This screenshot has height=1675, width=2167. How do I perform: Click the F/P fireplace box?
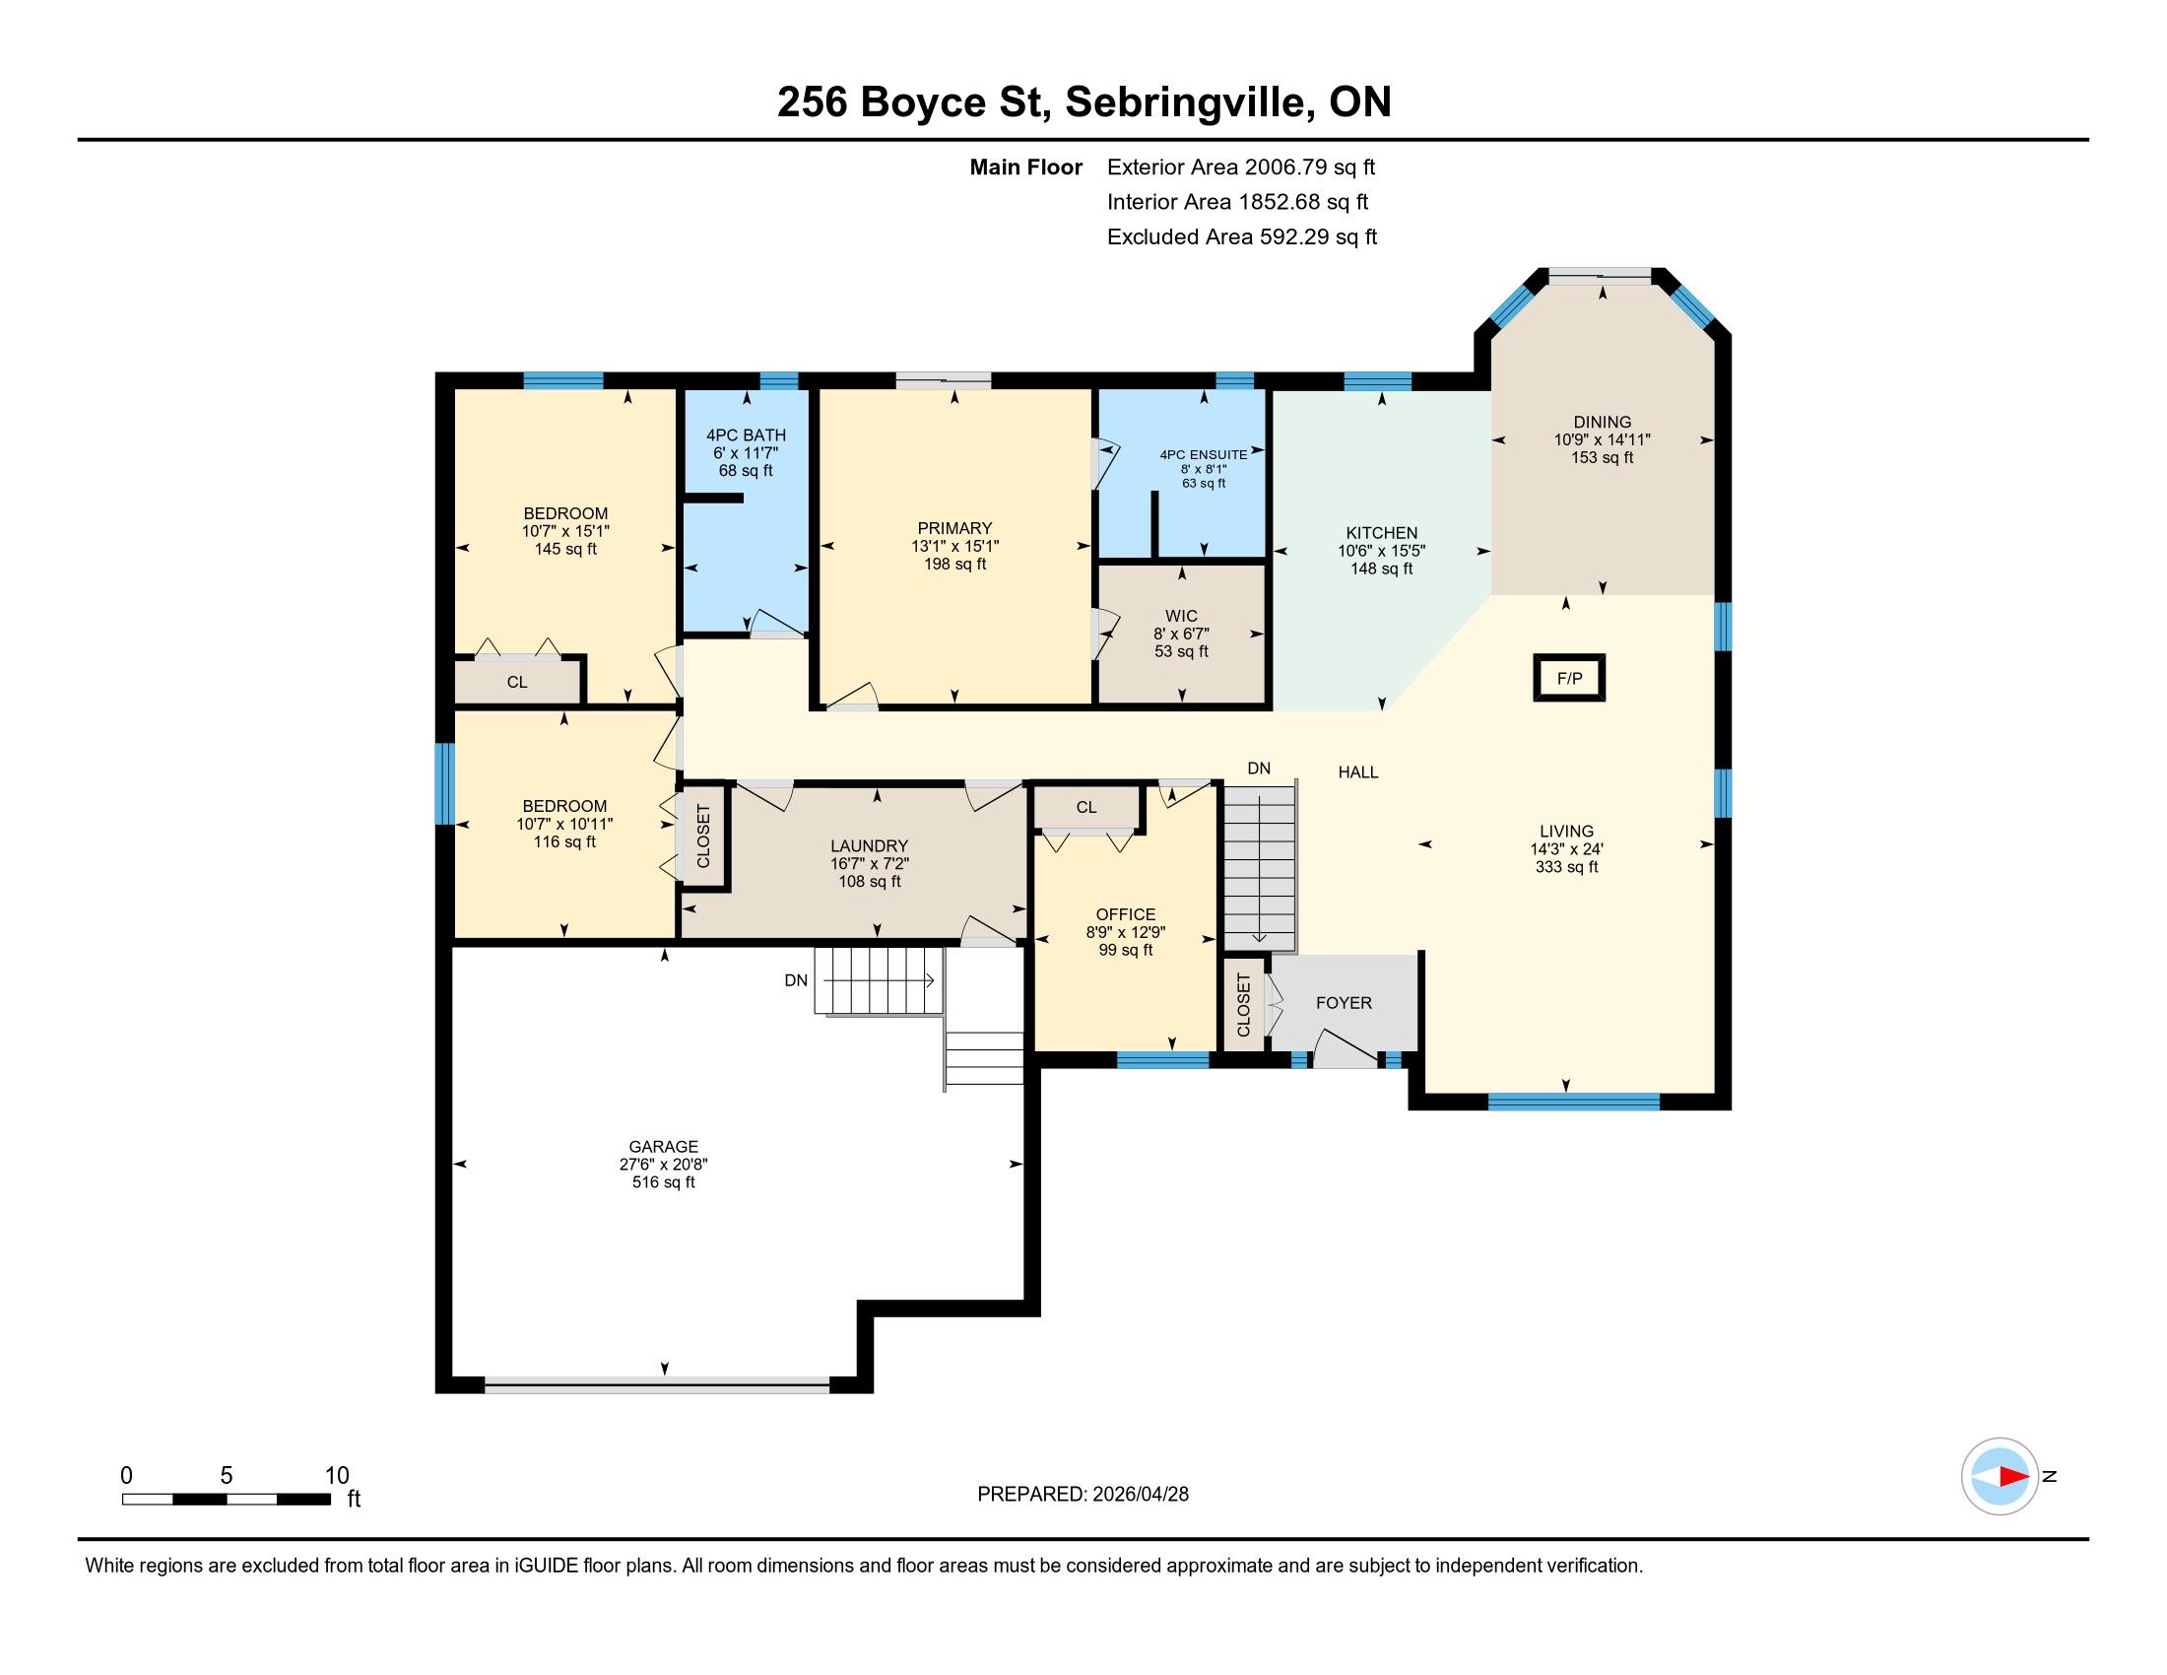(1569, 679)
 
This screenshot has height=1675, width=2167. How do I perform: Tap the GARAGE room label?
(664, 1146)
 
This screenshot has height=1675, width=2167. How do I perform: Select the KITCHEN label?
(1381, 533)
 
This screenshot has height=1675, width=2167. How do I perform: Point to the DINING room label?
(1603, 422)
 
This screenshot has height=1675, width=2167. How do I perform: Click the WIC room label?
(1181, 616)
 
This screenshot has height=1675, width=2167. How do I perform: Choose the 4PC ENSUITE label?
(1204, 454)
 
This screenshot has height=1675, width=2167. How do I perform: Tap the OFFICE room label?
(1125, 914)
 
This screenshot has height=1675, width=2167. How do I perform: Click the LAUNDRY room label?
(869, 846)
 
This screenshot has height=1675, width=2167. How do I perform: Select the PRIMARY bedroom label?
(954, 528)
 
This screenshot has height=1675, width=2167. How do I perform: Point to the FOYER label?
(1344, 1003)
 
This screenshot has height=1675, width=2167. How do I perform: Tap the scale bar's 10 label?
(337, 1476)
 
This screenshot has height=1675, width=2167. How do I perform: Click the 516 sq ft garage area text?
(664, 1181)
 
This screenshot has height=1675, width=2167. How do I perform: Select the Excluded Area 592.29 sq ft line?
(1242, 237)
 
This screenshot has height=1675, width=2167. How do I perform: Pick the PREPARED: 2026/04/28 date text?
(1083, 1495)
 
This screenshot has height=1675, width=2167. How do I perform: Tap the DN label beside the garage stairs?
(796, 980)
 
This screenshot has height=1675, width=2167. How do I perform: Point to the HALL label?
(1357, 772)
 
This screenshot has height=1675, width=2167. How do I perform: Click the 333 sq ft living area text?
(1567, 867)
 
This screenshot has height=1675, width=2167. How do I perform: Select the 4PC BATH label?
(747, 435)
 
